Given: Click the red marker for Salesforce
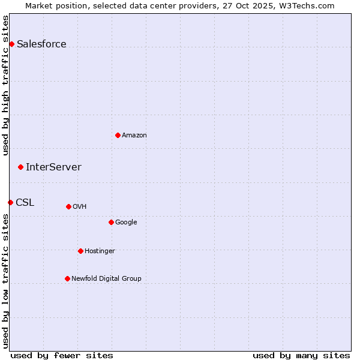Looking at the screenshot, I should click(11, 44).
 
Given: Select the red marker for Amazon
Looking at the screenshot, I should click(118, 135).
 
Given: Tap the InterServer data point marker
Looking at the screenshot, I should click(20, 167).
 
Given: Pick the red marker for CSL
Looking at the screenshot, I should click(10, 202).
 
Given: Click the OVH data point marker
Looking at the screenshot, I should click(68, 206).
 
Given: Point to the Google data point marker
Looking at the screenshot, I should click(111, 222).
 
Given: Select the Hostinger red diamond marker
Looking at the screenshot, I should click(80, 251).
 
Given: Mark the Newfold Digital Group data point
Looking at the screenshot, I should click(67, 278).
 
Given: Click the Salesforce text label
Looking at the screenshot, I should click(41, 44).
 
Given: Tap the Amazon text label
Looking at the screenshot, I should click(134, 135).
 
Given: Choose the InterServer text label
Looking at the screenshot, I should click(53, 167).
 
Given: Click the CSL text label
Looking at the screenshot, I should click(25, 202).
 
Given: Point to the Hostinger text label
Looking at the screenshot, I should click(100, 251).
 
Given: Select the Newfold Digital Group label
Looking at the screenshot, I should click(106, 278).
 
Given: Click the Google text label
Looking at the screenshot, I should click(126, 222).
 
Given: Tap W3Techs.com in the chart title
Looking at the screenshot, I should click(308, 5).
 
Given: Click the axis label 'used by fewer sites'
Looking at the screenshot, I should click(62, 355).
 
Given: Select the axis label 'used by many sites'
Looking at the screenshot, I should click(301, 355).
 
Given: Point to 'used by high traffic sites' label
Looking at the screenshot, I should click(5, 85).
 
